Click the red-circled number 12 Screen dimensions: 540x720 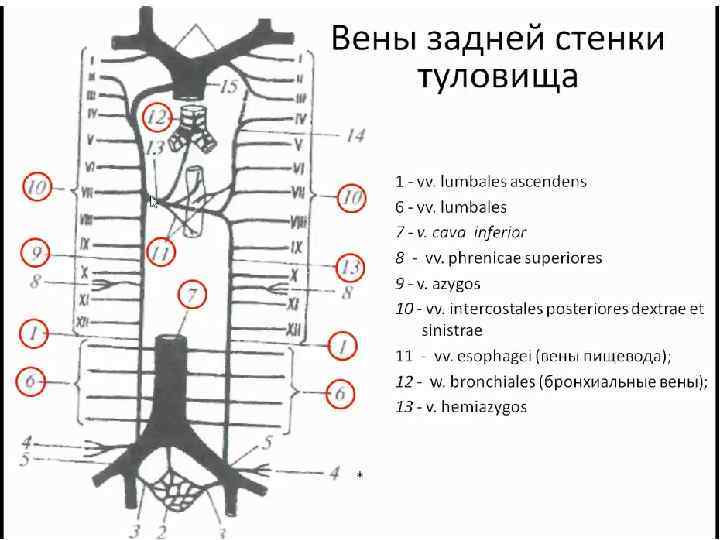click(158, 117)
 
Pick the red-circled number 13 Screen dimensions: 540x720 click(348, 268)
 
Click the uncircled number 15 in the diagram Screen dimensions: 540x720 click(229, 87)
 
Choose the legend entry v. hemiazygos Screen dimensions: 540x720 click(475, 407)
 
